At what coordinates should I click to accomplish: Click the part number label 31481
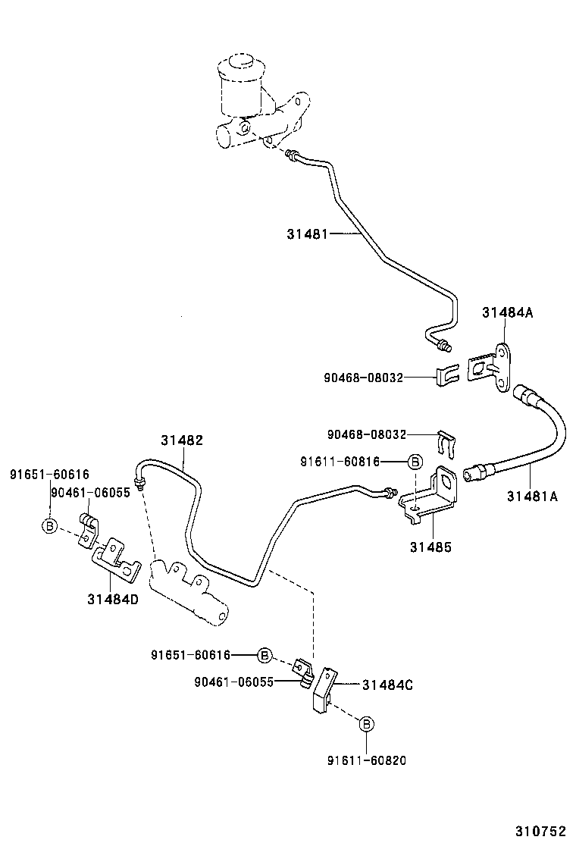pyautogui.click(x=307, y=234)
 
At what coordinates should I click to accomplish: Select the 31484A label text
pyautogui.click(x=507, y=312)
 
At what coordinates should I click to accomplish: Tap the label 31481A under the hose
pyautogui.click(x=531, y=497)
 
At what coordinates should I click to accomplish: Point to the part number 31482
pyautogui.click(x=181, y=440)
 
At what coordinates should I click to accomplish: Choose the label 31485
pyautogui.click(x=431, y=545)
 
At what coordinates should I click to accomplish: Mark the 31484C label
pyautogui.click(x=387, y=685)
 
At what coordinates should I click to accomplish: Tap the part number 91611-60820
pyautogui.click(x=366, y=760)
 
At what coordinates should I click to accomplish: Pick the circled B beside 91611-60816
pyautogui.click(x=415, y=462)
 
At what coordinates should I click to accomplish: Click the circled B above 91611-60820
pyautogui.click(x=365, y=724)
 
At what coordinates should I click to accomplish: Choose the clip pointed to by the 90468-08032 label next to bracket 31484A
pyautogui.click(x=448, y=376)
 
